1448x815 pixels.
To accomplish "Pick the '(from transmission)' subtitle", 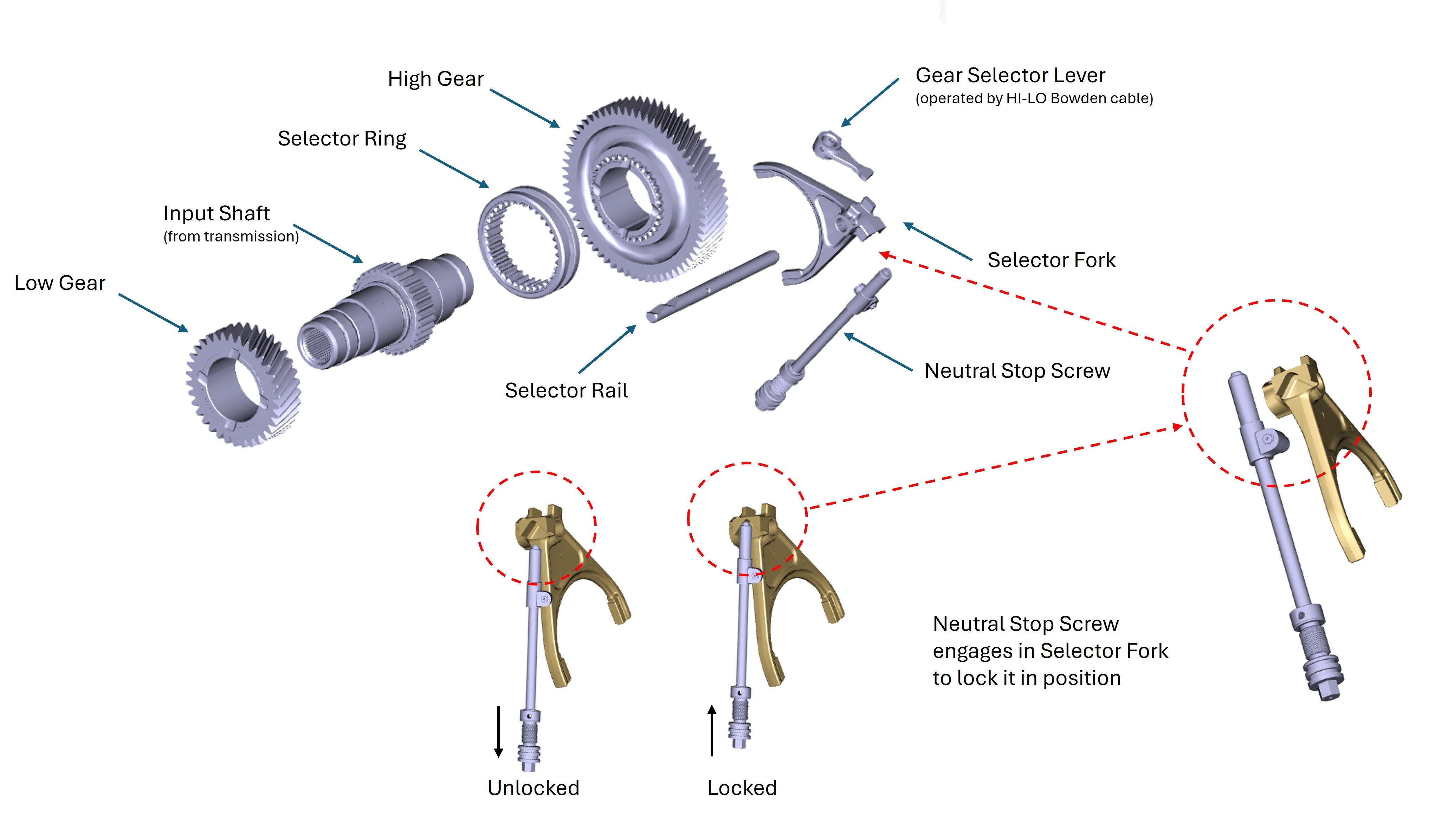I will pos(231,237).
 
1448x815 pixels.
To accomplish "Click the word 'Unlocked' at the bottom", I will pos(533,788).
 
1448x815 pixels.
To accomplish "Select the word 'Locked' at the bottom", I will pos(742,788).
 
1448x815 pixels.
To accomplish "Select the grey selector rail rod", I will pos(712,287).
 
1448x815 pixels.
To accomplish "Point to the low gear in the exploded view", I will pos(242,385).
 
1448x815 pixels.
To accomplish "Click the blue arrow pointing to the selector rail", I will pos(607,349).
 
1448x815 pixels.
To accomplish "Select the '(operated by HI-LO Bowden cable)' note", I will pos(1034,99).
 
